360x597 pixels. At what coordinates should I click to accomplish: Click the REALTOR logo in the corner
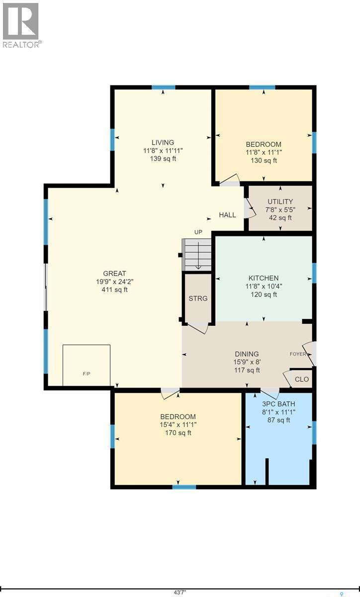tap(21, 24)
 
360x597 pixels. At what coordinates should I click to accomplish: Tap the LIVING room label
tap(163, 142)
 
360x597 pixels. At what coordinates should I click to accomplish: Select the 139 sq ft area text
tap(163, 159)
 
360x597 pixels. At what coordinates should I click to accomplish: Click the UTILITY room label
tap(280, 201)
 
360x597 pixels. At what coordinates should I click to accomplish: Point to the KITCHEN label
tap(263, 278)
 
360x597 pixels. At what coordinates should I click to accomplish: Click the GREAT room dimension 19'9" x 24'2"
tap(115, 282)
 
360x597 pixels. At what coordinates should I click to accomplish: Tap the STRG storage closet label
tap(197, 298)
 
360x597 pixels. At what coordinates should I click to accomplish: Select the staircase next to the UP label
tap(197, 254)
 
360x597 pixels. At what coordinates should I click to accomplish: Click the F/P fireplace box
tap(87, 365)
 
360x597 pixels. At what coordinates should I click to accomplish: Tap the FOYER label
tap(298, 354)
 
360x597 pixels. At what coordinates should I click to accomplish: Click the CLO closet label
tap(301, 379)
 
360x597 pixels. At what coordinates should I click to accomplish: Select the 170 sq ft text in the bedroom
tap(178, 433)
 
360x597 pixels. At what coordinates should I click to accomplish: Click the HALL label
tap(228, 215)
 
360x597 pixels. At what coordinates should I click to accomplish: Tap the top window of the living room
tap(163, 88)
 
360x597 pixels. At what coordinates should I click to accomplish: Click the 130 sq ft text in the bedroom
tap(263, 161)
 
